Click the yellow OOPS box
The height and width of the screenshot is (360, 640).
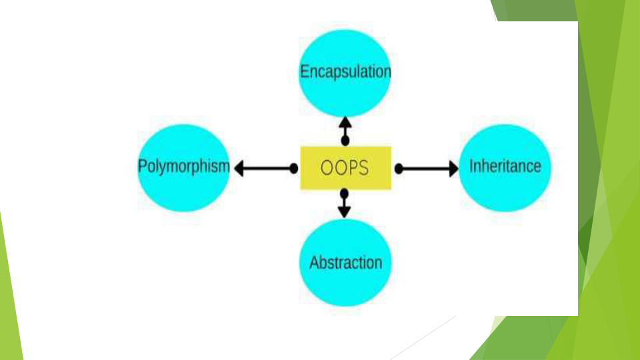pos(346,168)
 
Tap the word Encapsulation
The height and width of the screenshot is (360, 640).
pos(345,72)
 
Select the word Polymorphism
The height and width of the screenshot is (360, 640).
pos(184,167)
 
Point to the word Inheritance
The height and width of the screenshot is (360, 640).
pos(505,166)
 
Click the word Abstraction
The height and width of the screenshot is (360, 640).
pos(346,263)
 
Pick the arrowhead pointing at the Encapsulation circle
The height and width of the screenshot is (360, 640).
pos(345,123)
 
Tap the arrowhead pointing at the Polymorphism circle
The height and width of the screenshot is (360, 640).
pos(239,168)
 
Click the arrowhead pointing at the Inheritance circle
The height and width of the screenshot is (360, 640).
pos(454,169)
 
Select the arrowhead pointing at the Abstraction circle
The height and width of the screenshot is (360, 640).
pos(344,212)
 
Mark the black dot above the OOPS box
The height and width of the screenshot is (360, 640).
pos(345,141)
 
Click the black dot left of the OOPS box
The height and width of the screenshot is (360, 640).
pos(294,168)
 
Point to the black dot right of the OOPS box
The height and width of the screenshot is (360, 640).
pos(399,169)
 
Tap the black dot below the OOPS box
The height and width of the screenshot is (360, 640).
pos(344,193)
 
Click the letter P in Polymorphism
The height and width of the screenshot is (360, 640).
pos(143,166)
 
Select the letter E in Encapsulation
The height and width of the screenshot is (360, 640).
pos(305,71)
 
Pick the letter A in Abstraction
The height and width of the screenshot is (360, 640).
pos(315,263)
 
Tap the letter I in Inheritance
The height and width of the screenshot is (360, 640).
pos(471,166)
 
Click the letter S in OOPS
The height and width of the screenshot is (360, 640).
pos(363,168)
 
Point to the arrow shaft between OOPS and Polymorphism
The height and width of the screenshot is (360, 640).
pos(267,168)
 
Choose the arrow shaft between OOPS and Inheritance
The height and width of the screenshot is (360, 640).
pos(426,169)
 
